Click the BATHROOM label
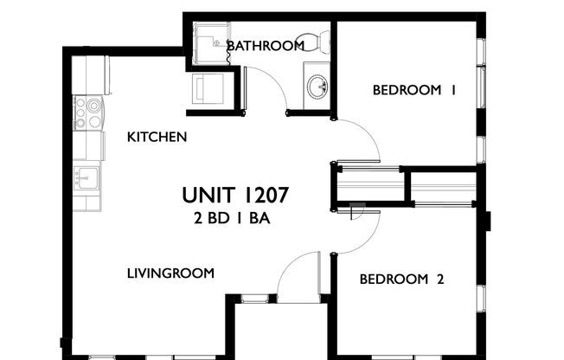click(x=265, y=45)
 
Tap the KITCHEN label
click(x=157, y=137)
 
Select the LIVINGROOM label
click(x=170, y=273)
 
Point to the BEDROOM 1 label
click(x=413, y=89)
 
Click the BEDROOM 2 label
click(x=401, y=279)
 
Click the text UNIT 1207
click(x=234, y=195)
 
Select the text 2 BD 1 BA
click(x=233, y=218)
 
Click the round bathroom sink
click(x=317, y=87)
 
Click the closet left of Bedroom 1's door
click(x=369, y=184)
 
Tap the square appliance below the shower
click(x=208, y=88)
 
